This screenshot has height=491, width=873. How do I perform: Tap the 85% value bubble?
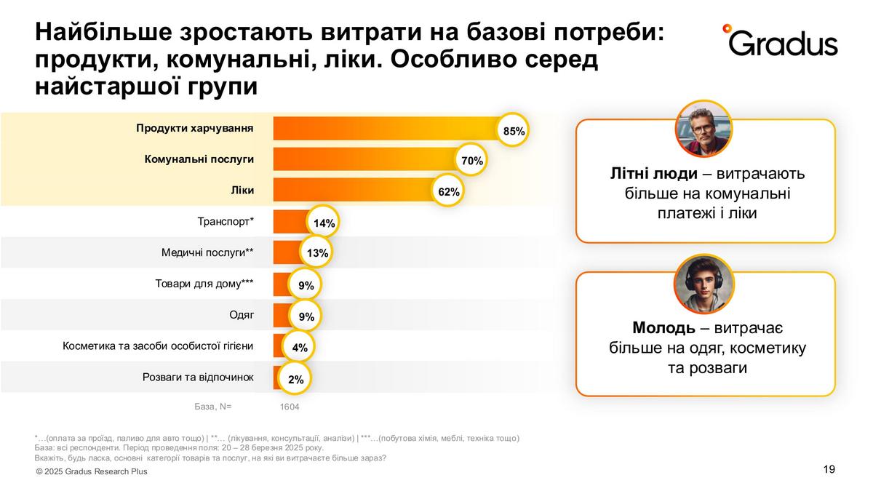514,131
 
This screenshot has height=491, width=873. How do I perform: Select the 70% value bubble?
472,161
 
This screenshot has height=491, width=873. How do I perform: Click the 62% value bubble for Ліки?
449,192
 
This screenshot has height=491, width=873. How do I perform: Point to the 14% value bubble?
323,223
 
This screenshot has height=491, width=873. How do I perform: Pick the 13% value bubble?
318,254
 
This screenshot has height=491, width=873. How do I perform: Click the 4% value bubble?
300,348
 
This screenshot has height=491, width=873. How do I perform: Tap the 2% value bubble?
295,379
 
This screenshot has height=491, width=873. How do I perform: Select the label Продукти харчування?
194,129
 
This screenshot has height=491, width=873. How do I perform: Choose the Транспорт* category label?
226,221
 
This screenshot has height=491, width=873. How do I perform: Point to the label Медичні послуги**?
207,252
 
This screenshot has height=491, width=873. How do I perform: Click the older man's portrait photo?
704,128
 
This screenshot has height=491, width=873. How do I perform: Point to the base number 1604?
290,407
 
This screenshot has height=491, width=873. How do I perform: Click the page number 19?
829,469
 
